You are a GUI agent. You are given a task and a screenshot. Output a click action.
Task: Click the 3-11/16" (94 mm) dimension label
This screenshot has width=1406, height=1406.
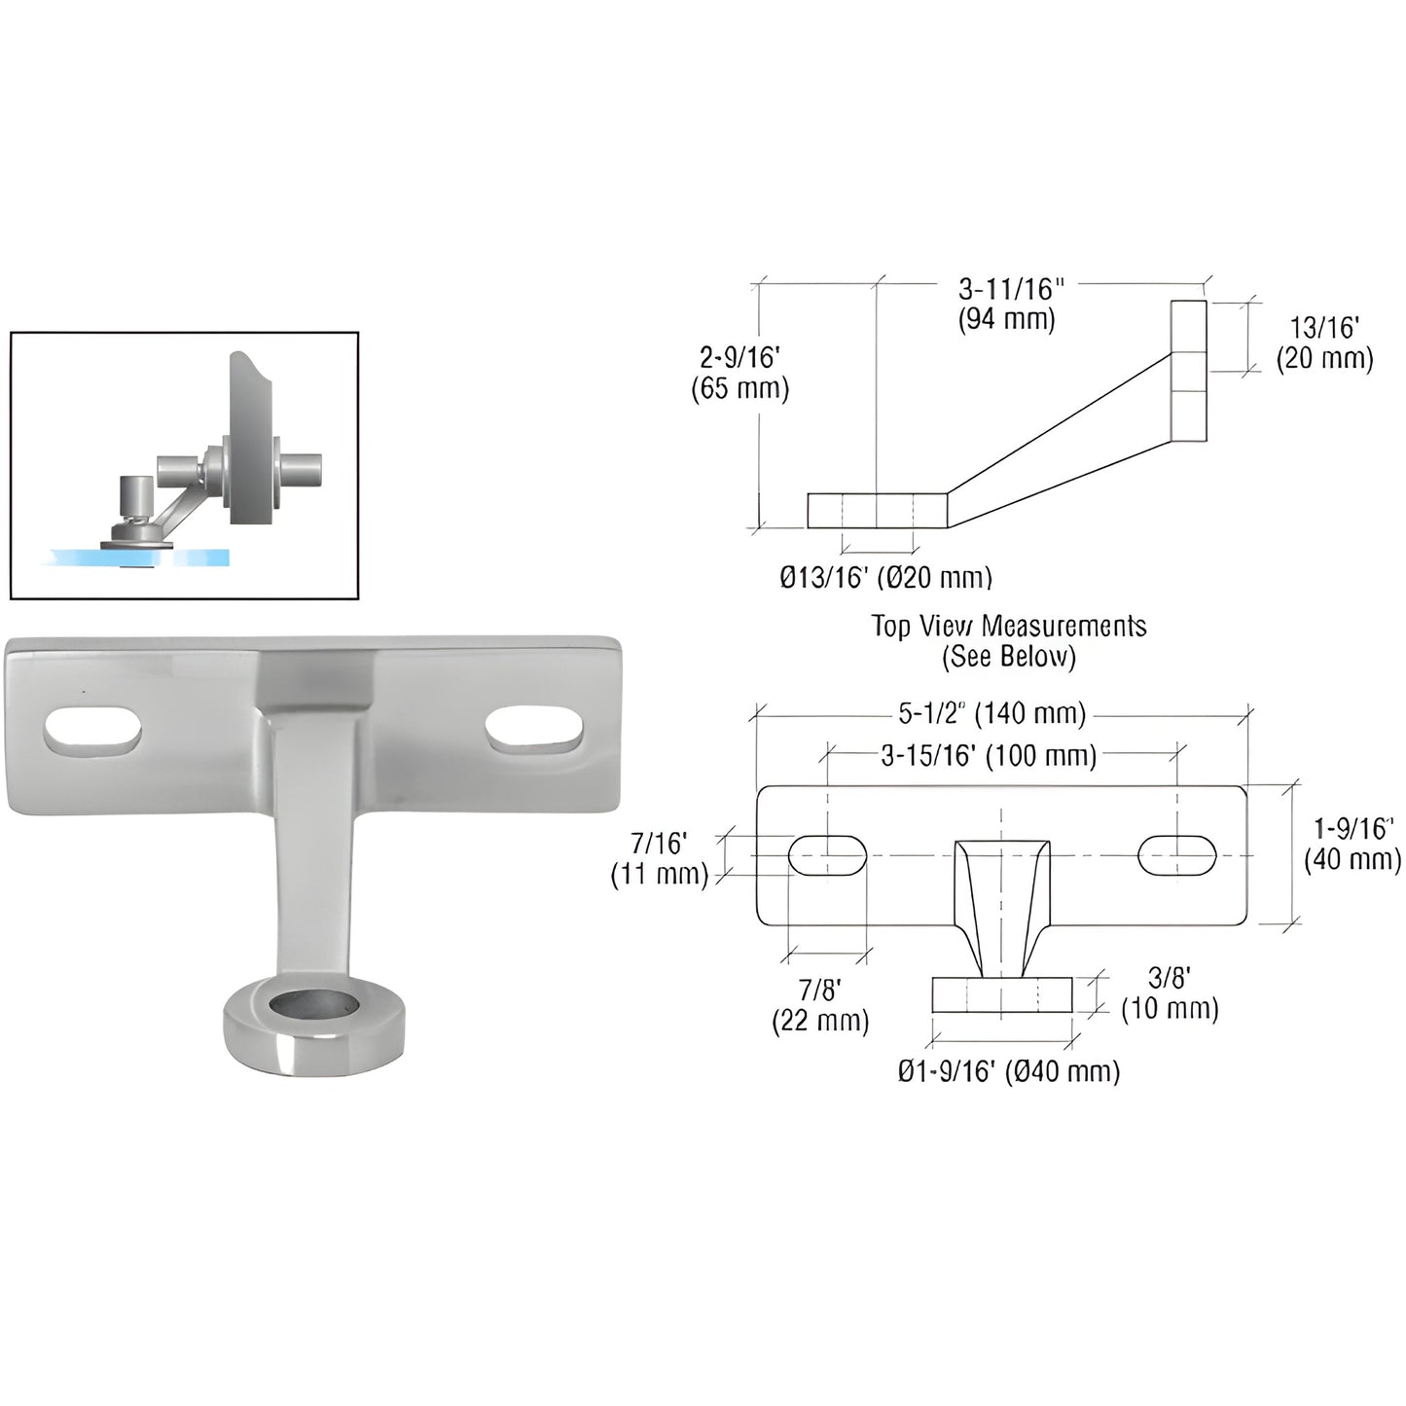[1007, 304]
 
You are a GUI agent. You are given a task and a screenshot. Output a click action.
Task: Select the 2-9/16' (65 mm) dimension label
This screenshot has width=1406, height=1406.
[739, 374]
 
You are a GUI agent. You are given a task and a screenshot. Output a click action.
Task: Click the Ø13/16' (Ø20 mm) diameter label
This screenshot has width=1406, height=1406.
[885, 577]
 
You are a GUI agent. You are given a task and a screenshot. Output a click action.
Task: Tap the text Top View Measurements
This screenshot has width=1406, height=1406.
[1008, 626]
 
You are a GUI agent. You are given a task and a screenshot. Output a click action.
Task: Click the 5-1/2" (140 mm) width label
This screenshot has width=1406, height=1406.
[991, 713]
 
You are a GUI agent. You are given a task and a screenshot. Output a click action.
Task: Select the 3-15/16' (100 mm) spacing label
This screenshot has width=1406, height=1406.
[989, 756]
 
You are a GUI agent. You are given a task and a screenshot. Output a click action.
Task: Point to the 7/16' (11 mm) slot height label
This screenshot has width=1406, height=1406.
[659, 859]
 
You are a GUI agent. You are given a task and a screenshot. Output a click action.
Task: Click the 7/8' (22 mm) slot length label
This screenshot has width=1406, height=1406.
[819, 1005]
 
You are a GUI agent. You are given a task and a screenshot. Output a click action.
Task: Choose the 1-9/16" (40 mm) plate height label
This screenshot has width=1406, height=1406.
[1352, 844]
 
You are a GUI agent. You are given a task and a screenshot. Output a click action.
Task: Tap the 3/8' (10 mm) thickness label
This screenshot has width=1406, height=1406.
[1170, 993]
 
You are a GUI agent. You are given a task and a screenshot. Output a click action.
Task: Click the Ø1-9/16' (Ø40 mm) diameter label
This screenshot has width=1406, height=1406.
[1008, 1071]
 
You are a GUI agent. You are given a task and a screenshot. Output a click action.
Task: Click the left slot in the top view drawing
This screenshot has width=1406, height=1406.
[827, 854]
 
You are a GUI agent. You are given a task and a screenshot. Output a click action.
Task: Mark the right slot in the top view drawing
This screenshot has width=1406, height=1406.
[1177, 854]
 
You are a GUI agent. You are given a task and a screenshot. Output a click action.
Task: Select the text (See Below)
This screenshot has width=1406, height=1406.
[1008, 657]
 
